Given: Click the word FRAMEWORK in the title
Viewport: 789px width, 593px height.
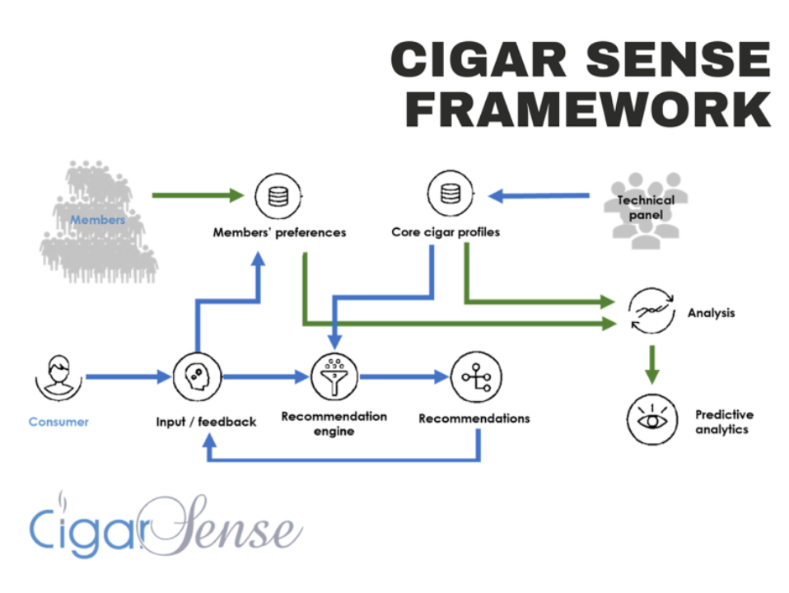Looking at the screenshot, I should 587,109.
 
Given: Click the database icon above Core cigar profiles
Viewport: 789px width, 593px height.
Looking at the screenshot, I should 450,195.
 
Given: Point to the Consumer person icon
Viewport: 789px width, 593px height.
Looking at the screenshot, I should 58,376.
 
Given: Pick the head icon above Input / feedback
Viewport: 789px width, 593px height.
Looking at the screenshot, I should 197,377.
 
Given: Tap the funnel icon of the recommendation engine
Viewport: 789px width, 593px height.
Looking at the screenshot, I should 334,378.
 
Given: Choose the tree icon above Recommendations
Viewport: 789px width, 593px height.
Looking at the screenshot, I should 475,377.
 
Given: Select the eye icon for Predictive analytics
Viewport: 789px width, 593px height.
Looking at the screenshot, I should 651,420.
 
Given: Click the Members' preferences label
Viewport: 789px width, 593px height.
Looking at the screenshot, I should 279,232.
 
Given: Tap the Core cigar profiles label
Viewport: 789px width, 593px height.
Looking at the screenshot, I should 445,232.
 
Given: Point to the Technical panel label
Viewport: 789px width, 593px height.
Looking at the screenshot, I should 646,208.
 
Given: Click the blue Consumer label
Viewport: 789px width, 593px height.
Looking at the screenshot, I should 58,422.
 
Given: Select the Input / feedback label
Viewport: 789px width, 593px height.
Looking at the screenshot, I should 206,422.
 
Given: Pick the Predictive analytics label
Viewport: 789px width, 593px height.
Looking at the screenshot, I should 724,422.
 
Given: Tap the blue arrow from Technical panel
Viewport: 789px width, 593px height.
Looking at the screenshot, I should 539,196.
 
